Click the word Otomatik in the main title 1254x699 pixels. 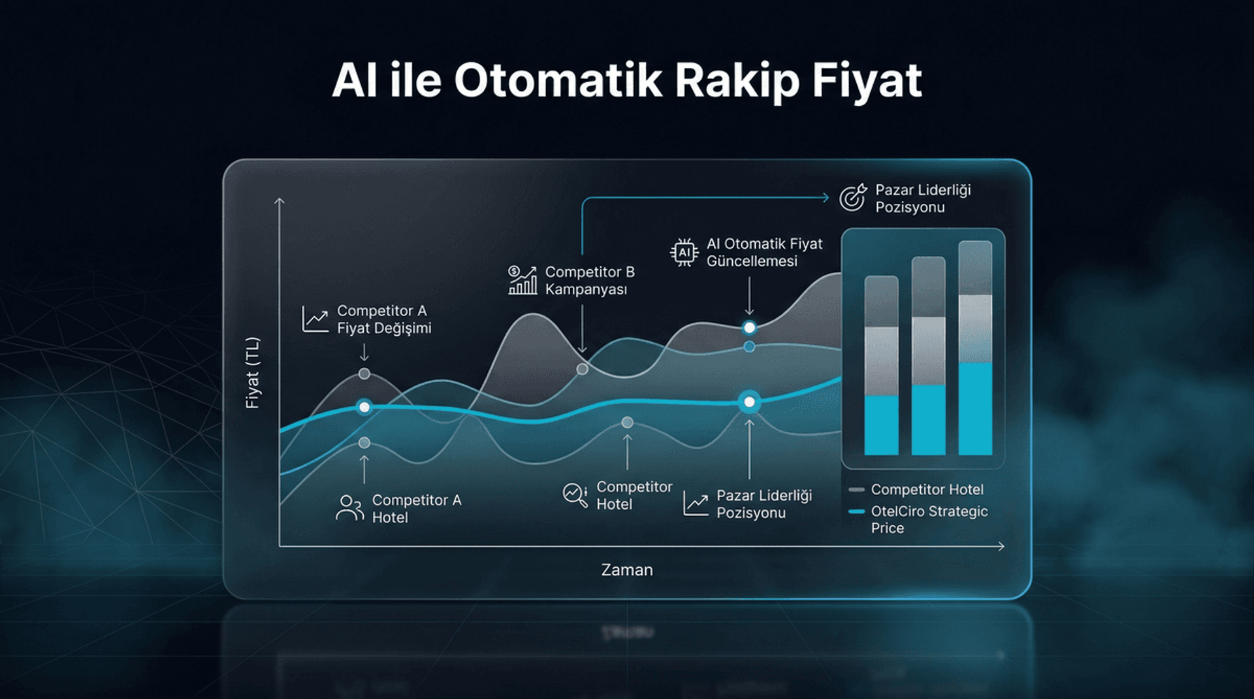[x=558, y=81]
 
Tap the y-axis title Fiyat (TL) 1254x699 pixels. [x=252, y=373]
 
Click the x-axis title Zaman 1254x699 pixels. [x=627, y=570]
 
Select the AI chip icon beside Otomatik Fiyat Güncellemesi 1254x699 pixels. [x=684, y=252]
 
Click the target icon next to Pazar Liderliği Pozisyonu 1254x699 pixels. [x=853, y=197]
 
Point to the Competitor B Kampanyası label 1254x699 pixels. [x=589, y=280]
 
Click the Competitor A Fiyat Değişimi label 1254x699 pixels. [x=383, y=319]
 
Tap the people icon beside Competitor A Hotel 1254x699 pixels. [x=349, y=508]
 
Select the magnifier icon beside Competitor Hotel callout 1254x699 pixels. [x=575, y=495]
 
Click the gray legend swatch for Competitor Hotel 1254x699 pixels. [x=856, y=489]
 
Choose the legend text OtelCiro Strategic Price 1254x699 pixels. [x=929, y=519]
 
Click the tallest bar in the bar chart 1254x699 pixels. [x=975, y=348]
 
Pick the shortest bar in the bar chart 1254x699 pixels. [x=881, y=365]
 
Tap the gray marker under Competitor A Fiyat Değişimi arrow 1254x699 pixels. [x=364, y=374]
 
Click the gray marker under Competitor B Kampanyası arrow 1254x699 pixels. [x=583, y=369]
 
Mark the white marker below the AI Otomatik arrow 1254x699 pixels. [x=749, y=327]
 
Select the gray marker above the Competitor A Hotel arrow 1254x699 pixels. [x=364, y=443]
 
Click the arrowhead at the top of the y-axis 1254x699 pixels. [x=280, y=201]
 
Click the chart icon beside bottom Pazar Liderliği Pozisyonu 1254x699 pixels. [x=696, y=504]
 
